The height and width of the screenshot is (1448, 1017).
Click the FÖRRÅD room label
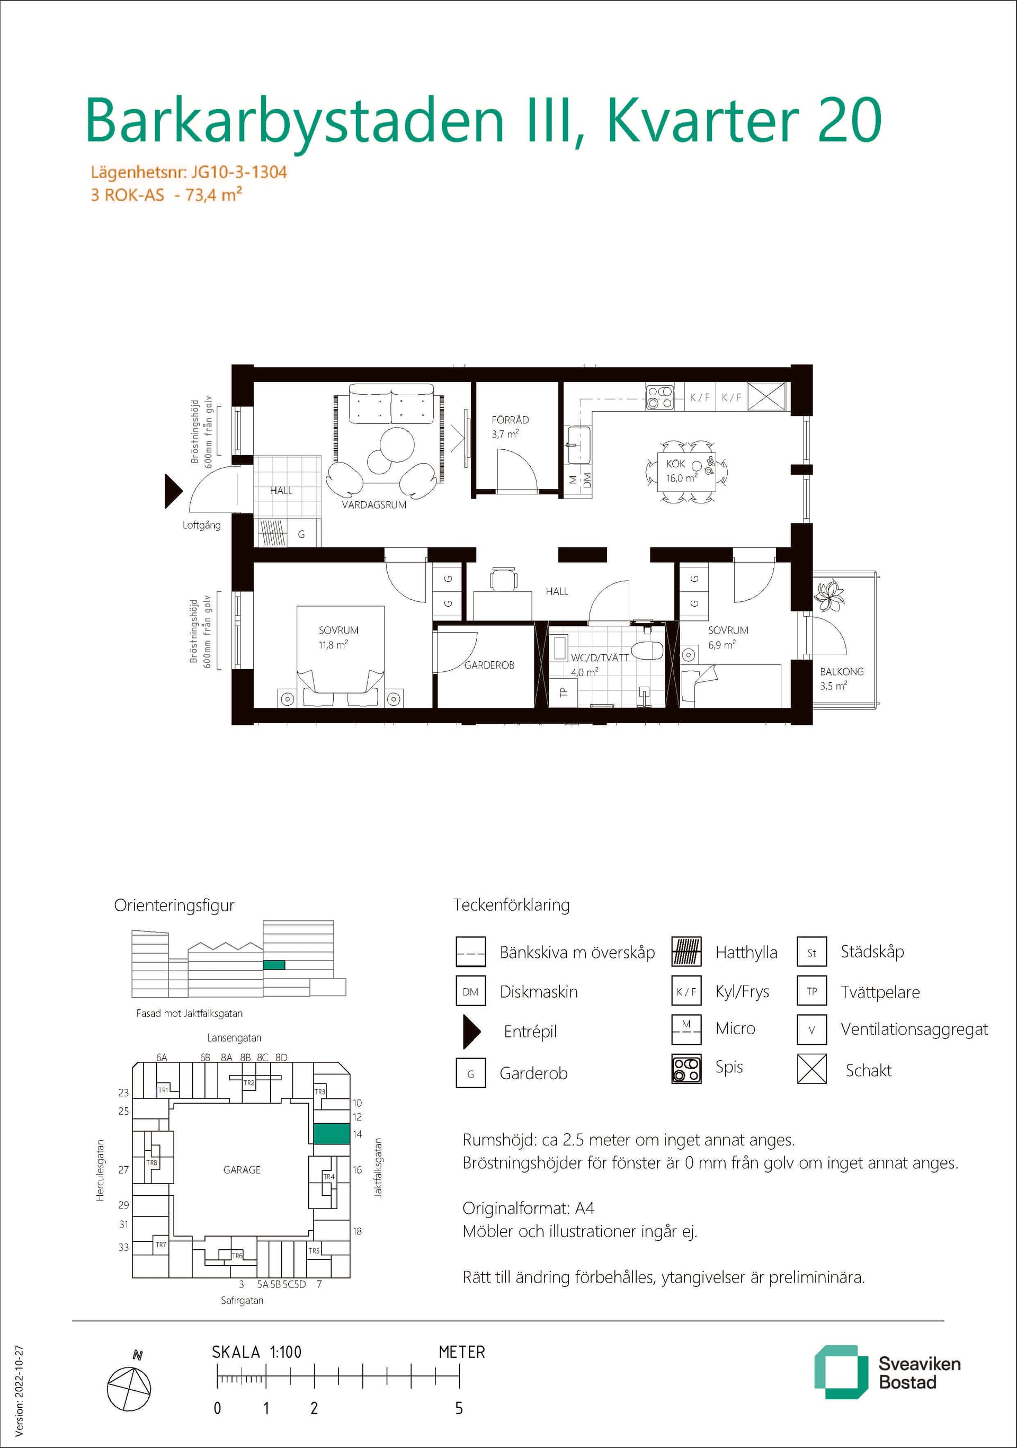pyautogui.click(x=510, y=420)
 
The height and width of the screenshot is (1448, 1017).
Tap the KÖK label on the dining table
pyautogui.click(x=675, y=464)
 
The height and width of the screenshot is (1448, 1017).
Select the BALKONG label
pyautogui.click(x=842, y=672)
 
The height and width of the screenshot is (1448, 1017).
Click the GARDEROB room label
pyautogui.click(x=489, y=665)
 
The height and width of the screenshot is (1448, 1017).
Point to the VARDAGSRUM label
pyautogui.click(x=374, y=505)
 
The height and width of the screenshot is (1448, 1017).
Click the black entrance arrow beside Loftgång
pyautogui.click(x=173, y=491)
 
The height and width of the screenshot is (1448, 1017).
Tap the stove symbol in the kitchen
pyautogui.click(x=659, y=397)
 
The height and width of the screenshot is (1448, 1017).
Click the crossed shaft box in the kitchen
pyautogui.click(x=766, y=397)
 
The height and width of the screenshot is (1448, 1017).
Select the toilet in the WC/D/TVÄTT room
pyautogui.click(x=647, y=650)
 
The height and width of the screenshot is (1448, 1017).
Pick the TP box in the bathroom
pyautogui.click(x=564, y=692)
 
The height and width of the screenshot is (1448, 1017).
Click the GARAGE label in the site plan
pyautogui.click(x=242, y=1170)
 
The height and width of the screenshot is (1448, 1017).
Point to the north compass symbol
pyautogui.click(x=129, y=1388)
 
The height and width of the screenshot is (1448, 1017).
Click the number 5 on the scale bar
pyautogui.click(x=459, y=1408)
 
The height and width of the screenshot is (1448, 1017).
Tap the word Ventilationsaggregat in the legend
pyautogui.click(x=914, y=1030)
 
